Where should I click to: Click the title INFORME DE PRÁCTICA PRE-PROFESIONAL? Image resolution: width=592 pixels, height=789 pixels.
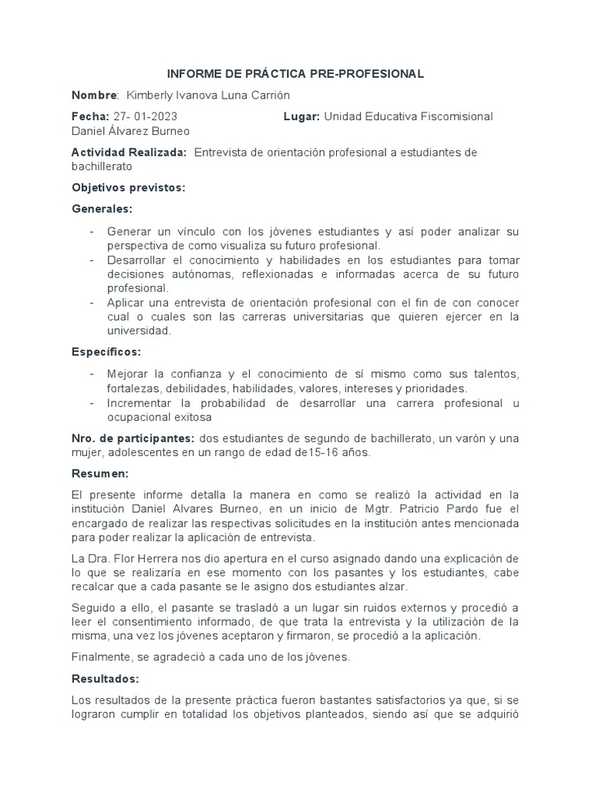tap(296, 74)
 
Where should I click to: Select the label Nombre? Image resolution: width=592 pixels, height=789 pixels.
tap(94, 95)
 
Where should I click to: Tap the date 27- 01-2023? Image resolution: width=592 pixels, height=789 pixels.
tap(145, 116)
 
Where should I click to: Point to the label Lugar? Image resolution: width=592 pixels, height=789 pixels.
tap(301, 116)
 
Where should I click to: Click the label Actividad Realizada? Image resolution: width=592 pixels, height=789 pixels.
tap(129, 153)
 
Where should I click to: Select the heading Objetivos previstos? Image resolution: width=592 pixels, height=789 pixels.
tap(128, 188)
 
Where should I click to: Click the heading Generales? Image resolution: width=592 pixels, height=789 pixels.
tap(102, 210)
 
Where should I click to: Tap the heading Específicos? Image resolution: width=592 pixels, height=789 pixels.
tap(106, 351)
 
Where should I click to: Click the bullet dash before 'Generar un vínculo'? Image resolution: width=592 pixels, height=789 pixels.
tap(92, 232)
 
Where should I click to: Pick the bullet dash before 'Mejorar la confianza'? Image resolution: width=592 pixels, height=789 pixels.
tap(92, 374)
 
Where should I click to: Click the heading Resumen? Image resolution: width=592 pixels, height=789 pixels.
tap(99, 474)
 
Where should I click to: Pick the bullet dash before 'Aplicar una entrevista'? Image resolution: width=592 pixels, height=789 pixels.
tap(92, 302)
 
